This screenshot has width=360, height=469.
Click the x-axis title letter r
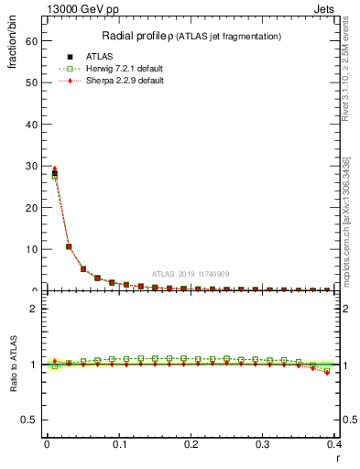[x=338, y=459]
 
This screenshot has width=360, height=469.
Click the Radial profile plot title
[x=190, y=36]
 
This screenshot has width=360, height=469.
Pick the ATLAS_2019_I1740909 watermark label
[x=191, y=274]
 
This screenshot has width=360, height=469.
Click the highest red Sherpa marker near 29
[x=54, y=169]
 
